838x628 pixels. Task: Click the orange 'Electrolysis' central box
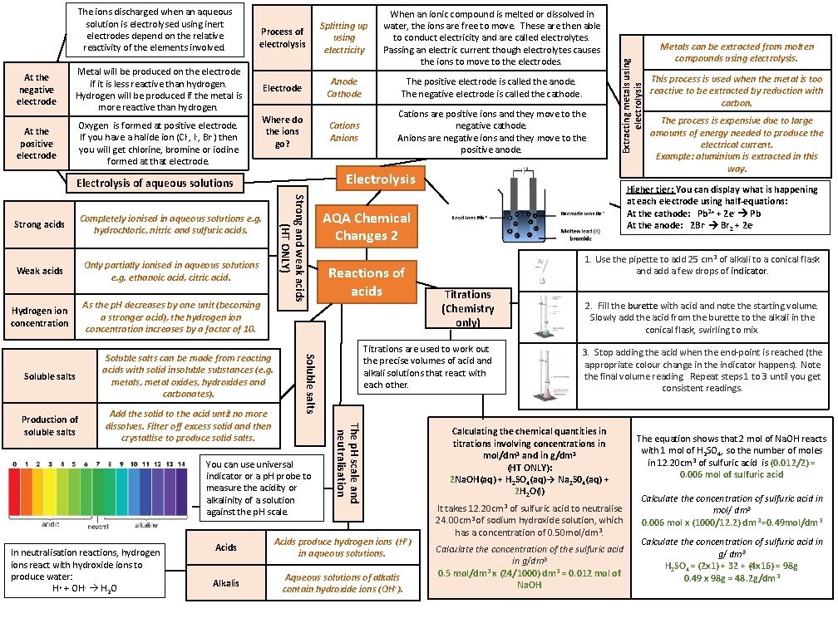pos(380,179)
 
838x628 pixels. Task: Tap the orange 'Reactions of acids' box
pos(366,282)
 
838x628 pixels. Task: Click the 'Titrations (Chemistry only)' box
pos(468,308)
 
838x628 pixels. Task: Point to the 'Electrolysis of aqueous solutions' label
pos(155,183)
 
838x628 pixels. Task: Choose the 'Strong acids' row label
pos(39,224)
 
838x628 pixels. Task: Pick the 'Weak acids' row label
pos(39,271)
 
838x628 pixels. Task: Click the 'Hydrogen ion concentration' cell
pos(39,316)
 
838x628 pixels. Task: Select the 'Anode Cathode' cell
pos(344,88)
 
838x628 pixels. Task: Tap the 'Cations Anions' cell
pos(344,131)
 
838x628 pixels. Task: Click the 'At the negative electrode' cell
pos(37,90)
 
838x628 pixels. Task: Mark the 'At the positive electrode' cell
pos(37,143)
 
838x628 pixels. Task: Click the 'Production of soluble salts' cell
pos(50,425)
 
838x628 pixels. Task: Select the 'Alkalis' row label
pos(226,583)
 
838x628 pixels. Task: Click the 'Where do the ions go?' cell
pos(282,131)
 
